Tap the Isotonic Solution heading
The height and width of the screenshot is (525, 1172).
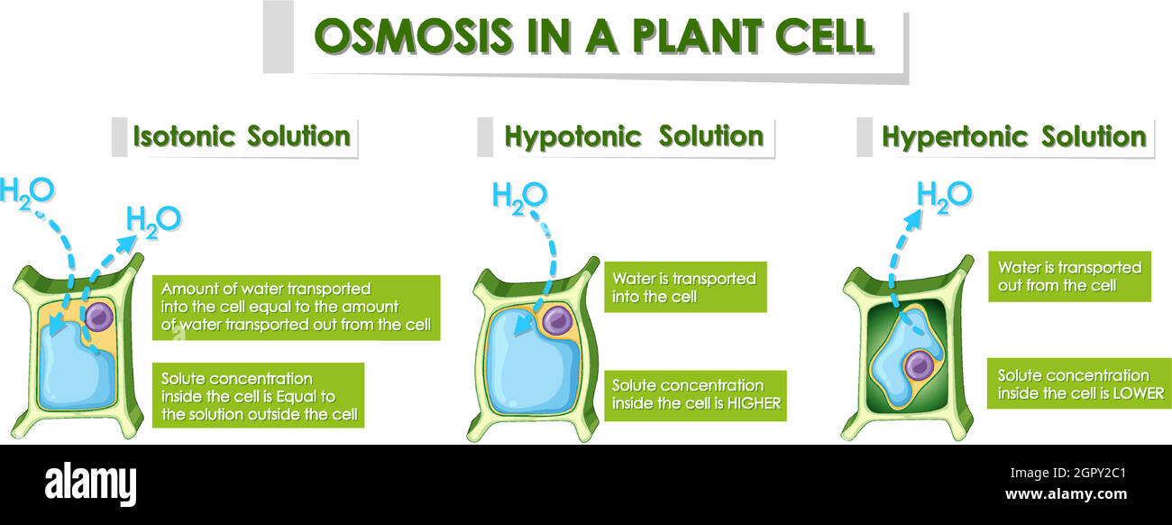pyautogui.click(x=241, y=137)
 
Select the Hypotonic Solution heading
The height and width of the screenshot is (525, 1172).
pyautogui.click(x=633, y=137)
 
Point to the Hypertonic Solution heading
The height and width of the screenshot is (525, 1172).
pyautogui.click(x=1013, y=137)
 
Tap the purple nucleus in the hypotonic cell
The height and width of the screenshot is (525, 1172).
pyautogui.click(x=557, y=319)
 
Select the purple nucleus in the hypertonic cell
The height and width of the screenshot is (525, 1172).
pyautogui.click(x=918, y=364)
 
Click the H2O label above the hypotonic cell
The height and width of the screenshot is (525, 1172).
pyautogui.click(x=519, y=196)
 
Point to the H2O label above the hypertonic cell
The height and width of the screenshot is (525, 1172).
pyautogui.click(x=943, y=196)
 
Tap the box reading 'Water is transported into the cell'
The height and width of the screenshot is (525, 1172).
pyautogui.click(x=684, y=287)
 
